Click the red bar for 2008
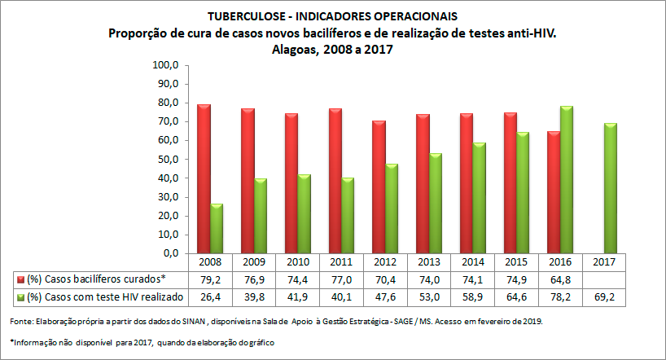click(204, 179)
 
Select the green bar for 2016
click(566, 180)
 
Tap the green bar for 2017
click(610, 188)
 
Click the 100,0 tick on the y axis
click(166, 65)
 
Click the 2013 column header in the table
click(430, 262)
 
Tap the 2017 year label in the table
click(605, 262)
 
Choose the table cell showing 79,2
click(210, 279)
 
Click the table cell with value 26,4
click(210, 296)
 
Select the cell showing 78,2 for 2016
click(561, 296)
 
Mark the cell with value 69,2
click(605, 296)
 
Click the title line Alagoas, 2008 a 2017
click(333, 49)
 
